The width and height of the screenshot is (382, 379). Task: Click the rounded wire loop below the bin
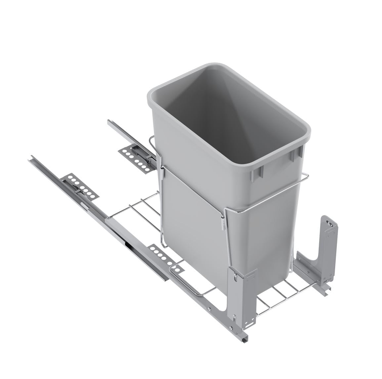tap(185, 281)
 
